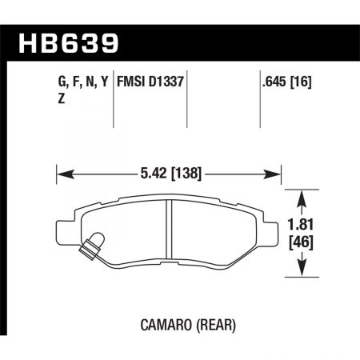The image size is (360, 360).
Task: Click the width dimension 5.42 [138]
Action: (x=169, y=171)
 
